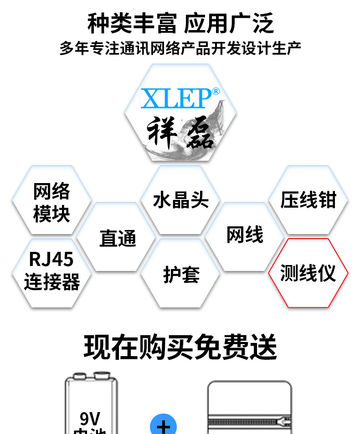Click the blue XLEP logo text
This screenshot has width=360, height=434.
tap(176, 97)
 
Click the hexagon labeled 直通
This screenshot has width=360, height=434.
tap(117, 238)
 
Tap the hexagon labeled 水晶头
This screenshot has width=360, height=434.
tap(180, 200)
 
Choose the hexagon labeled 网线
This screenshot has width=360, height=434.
tap(245, 235)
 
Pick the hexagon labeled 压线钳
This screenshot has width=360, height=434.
tap(308, 200)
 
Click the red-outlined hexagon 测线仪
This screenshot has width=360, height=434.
tap(308, 273)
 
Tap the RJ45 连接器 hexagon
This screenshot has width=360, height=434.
tap(51, 271)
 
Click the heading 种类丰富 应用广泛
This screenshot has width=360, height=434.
tap(180, 24)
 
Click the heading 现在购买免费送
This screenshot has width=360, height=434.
tap(180, 348)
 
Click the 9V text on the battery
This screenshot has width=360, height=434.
tap(90, 418)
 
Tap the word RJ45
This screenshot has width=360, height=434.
tap(51, 260)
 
